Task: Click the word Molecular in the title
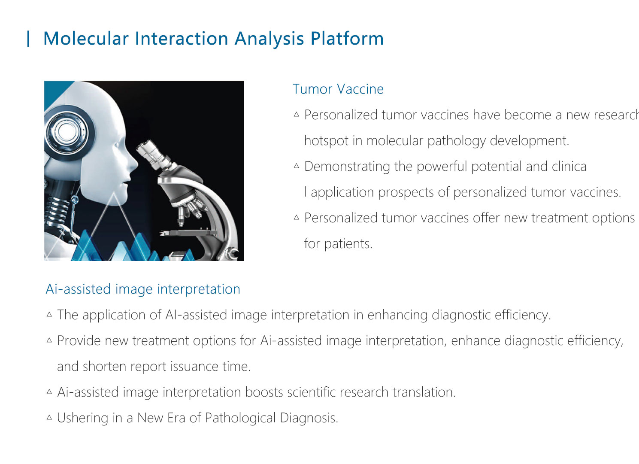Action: coord(86,39)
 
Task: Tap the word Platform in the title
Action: coord(347,39)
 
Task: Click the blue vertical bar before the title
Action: coord(28,39)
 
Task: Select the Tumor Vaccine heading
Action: coord(338,89)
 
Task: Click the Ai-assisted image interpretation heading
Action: coord(143,289)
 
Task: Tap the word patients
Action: coord(348,244)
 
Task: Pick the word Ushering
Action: coord(82,418)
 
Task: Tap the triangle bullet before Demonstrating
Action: coord(297,166)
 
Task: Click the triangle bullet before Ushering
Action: coord(49,418)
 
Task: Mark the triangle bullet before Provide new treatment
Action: coord(49,340)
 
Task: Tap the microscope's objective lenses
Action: coord(191,212)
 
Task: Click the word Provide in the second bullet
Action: coord(79,341)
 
